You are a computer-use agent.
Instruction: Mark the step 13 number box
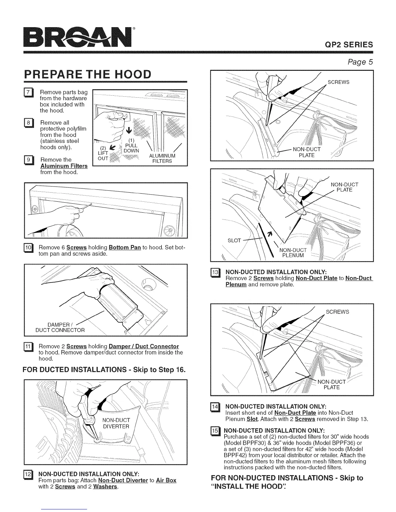click(x=215, y=272)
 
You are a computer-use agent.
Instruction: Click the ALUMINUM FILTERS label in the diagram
click(x=162, y=159)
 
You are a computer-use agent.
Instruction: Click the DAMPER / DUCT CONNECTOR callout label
click(x=60, y=327)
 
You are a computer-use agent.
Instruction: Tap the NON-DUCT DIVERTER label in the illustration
click(x=116, y=423)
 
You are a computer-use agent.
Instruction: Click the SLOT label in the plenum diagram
click(x=235, y=240)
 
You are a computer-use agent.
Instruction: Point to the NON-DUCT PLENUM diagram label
click(x=293, y=252)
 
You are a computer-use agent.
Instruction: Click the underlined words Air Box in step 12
click(x=166, y=480)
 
